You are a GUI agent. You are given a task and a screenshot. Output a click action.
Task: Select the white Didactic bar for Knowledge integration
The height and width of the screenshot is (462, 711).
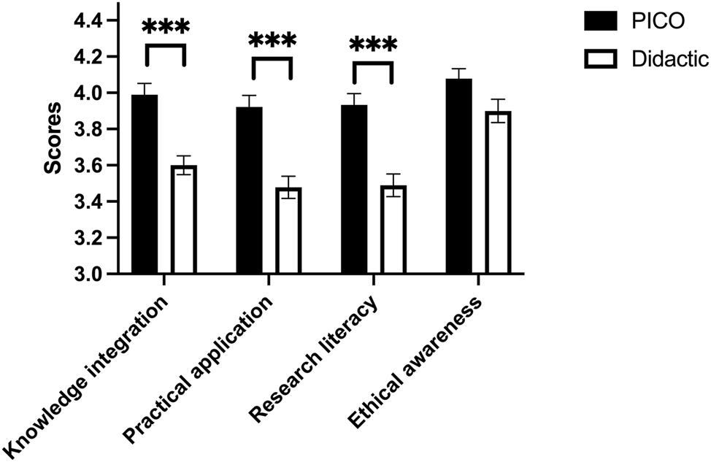tap(185, 220)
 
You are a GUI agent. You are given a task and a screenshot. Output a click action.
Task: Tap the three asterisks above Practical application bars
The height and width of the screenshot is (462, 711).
tap(272, 41)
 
